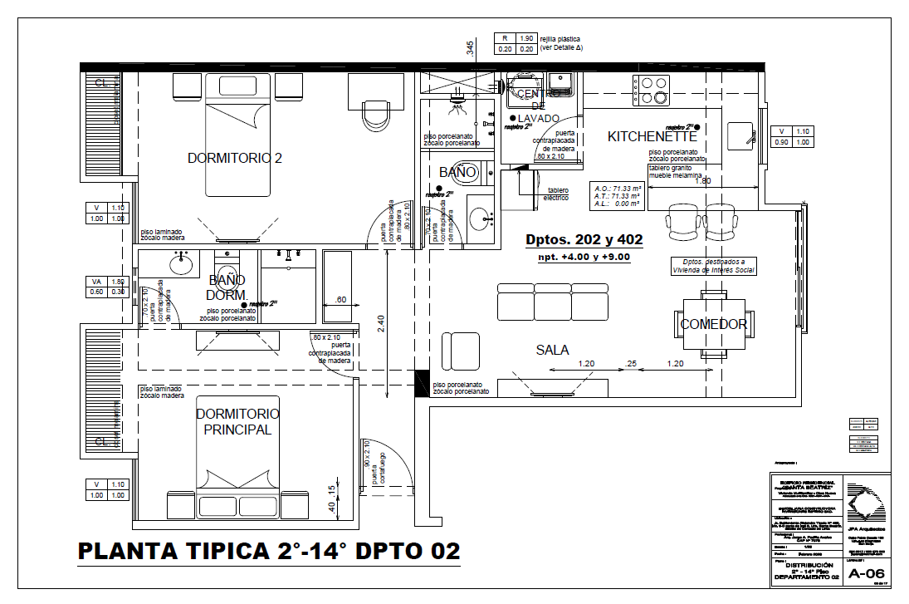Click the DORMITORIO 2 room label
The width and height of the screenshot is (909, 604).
(x=234, y=158)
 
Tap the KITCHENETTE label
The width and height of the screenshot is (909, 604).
(x=652, y=136)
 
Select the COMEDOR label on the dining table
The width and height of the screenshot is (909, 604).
(x=713, y=324)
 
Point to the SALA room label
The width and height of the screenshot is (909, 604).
(x=552, y=350)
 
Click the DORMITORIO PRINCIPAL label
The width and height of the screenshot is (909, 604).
(x=237, y=421)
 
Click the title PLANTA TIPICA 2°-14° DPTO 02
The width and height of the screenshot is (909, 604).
(x=268, y=551)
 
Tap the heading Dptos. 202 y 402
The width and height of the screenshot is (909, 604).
(x=584, y=240)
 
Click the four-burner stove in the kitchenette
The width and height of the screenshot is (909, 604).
(x=652, y=90)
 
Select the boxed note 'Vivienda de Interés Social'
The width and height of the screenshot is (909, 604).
(x=714, y=266)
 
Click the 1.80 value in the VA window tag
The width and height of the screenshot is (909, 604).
(x=117, y=281)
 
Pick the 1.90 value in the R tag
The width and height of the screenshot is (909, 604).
(x=525, y=38)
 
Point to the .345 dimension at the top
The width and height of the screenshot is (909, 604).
(x=470, y=49)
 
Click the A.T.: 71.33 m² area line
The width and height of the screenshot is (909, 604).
(x=617, y=195)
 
